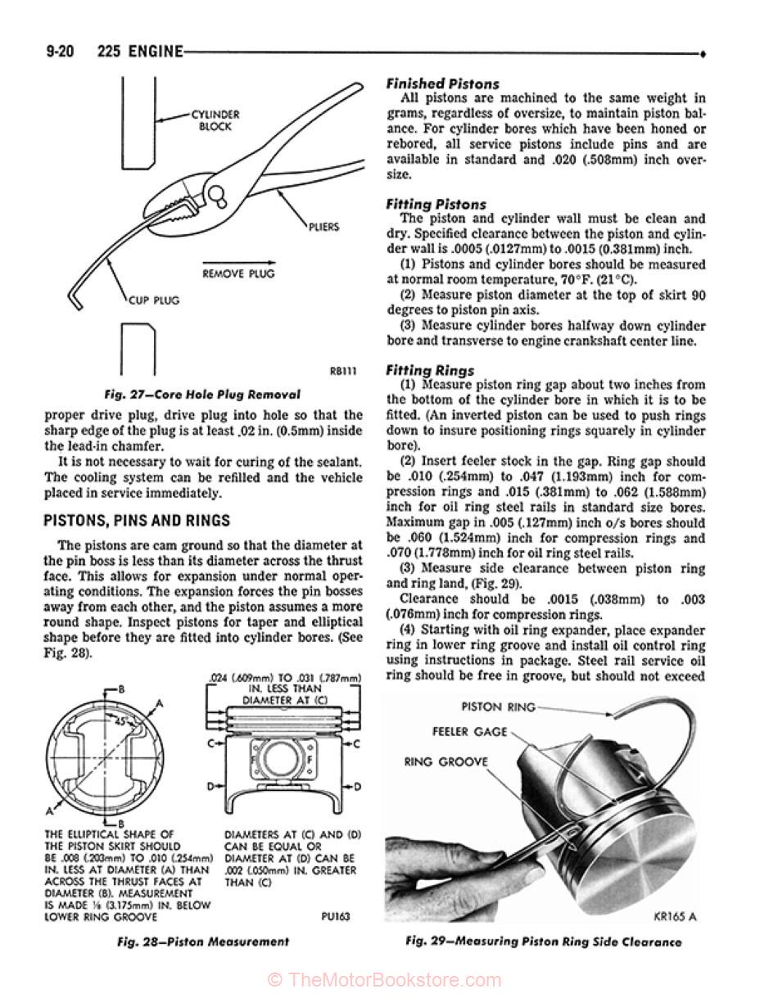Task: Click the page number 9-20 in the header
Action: (x=49, y=52)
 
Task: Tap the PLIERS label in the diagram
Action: (x=323, y=227)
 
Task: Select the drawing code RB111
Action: (x=344, y=371)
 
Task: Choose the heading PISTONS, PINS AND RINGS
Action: (x=136, y=521)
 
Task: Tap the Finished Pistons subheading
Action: (x=442, y=84)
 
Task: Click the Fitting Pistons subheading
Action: (x=436, y=204)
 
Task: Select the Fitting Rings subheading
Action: (x=430, y=370)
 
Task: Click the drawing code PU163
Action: (x=334, y=916)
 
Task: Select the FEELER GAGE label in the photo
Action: (x=470, y=731)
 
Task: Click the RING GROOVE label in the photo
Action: (x=445, y=761)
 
